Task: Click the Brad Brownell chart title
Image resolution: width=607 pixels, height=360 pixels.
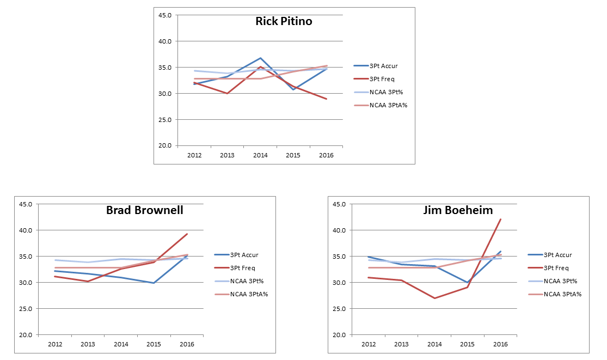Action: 144,210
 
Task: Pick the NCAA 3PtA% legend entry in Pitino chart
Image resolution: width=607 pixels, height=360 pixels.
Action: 388,105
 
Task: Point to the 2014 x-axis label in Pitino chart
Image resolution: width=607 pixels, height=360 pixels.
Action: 260,155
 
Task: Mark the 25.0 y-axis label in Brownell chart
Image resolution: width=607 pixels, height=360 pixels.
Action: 26,309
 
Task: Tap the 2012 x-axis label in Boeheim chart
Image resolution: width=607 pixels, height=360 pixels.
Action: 369,344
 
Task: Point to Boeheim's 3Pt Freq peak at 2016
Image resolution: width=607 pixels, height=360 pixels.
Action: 501,219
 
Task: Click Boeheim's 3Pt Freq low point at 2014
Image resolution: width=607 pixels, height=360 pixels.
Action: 434,298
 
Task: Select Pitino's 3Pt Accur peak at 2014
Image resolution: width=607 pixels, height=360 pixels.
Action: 260,58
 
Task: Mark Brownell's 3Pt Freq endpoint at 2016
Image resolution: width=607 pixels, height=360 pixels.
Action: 187,234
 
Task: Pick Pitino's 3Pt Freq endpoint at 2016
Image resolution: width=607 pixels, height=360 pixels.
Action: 327,99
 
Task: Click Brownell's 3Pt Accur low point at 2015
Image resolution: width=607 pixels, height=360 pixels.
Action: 154,283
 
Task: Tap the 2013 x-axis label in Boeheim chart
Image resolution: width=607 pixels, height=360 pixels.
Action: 401,344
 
